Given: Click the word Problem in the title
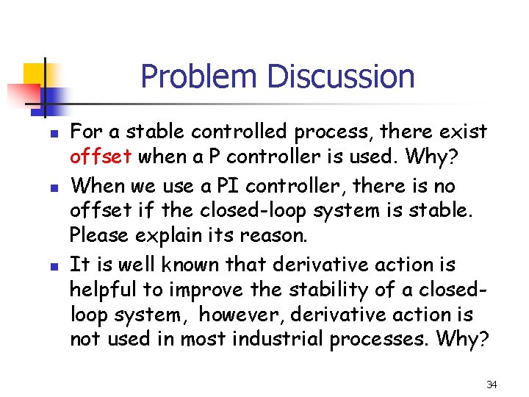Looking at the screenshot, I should coord(200,77).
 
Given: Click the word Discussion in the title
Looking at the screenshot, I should coord(341,77).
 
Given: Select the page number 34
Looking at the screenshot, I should coord(492,384).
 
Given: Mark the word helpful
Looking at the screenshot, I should coord(101,290).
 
